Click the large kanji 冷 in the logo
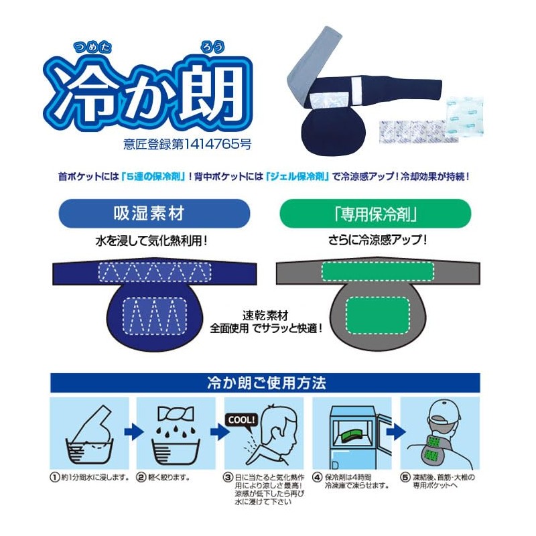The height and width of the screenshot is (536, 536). click(x=79, y=90)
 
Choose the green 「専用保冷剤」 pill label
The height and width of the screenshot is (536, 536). click(x=375, y=214)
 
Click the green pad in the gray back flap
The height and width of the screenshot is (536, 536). click(x=377, y=314)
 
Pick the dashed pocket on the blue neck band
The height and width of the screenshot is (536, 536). click(x=155, y=271)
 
